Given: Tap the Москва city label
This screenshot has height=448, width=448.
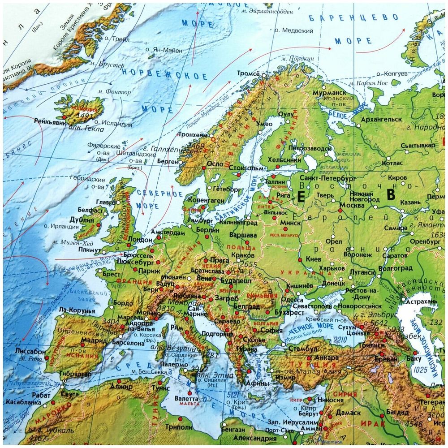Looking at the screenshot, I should (352, 205).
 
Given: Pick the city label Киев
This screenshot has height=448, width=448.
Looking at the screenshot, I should (313, 259).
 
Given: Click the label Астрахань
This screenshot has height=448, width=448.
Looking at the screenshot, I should (421, 302).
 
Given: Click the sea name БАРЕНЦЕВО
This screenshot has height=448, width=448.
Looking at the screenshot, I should (353, 18).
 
